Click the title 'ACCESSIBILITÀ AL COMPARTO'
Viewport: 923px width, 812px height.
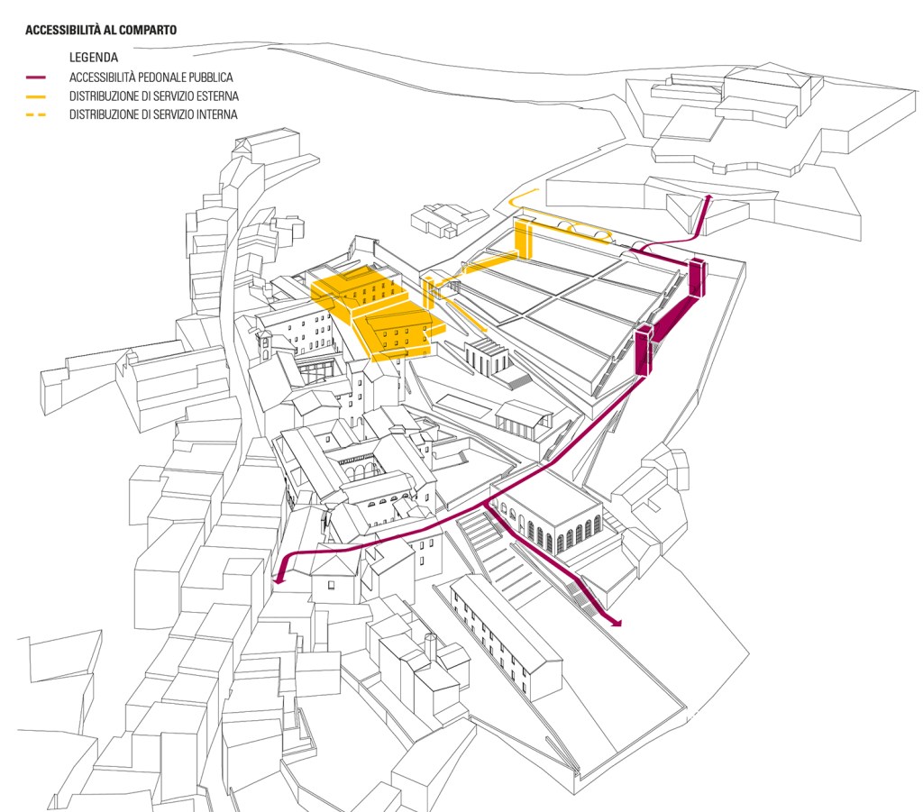101,30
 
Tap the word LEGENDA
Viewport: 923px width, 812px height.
94,58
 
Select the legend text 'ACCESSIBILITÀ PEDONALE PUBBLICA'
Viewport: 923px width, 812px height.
151,78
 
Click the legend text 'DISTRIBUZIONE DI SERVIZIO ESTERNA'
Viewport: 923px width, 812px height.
154,96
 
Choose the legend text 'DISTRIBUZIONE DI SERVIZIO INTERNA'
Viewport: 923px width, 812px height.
153,115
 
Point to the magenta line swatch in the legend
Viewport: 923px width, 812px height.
36,78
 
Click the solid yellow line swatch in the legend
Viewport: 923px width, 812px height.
36,96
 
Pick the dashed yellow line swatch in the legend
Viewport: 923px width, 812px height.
36,115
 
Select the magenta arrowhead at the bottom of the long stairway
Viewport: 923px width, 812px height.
617,621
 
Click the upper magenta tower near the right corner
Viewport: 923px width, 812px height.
696,277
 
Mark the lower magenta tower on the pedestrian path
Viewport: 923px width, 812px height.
644,351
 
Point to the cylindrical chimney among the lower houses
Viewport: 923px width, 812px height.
431,647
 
